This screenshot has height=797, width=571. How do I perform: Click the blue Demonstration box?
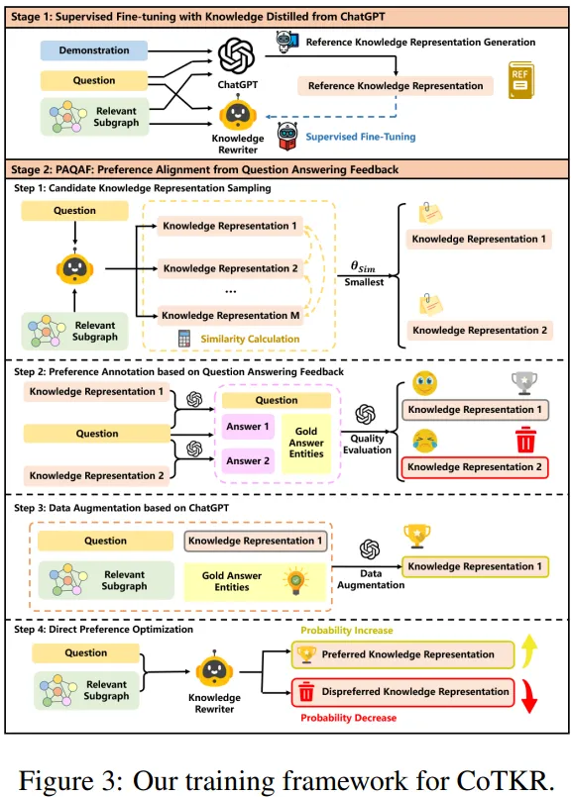(94, 50)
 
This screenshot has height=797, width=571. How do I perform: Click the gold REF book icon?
(519, 83)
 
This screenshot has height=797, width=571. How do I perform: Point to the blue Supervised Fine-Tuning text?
(360, 137)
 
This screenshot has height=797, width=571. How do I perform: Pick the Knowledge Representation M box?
(230, 315)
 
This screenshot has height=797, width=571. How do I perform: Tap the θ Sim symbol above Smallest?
(365, 265)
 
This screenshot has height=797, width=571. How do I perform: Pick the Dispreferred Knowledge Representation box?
(401, 692)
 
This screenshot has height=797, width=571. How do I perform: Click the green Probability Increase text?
(346, 630)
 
